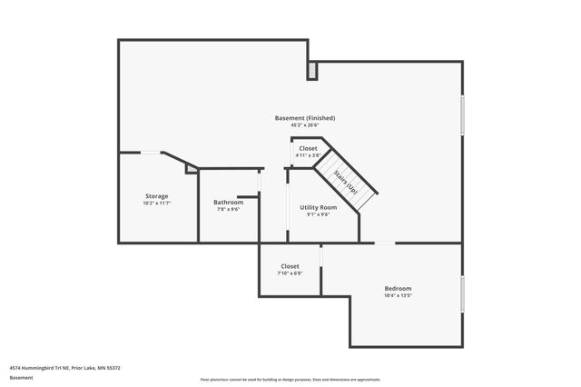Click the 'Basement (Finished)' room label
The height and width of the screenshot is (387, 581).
305,118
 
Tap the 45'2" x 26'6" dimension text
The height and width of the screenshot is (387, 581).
305,126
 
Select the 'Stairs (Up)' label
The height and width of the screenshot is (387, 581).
345,183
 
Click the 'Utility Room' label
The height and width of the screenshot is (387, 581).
318,207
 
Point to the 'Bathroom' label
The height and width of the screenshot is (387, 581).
228,202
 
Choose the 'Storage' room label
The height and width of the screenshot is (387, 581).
157,195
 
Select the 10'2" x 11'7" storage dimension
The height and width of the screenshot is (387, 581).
157,203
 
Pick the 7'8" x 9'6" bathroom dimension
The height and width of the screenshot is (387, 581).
228,209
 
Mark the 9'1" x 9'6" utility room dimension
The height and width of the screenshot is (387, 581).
318,214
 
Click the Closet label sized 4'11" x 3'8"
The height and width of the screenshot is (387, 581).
309,148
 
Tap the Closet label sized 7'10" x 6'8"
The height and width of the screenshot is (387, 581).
290,266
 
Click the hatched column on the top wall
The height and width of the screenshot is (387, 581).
312,70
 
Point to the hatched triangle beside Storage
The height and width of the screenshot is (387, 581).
192,168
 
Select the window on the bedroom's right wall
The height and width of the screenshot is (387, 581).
463,294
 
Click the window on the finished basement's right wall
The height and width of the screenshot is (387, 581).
463,115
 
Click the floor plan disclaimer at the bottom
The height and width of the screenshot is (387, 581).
290,379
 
